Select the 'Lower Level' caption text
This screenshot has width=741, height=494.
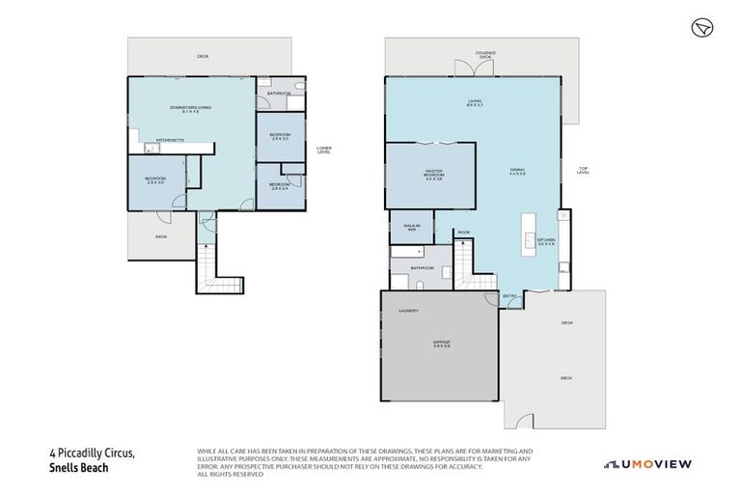(324, 151)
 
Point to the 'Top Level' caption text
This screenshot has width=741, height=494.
(583, 171)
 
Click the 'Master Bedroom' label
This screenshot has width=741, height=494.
(433, 176)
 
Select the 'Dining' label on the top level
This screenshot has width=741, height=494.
(517, 174)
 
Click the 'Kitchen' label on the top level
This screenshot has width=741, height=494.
(546, 241)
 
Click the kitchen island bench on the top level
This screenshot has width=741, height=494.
(529, 236)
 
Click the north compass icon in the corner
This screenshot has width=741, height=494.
(701, 29)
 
